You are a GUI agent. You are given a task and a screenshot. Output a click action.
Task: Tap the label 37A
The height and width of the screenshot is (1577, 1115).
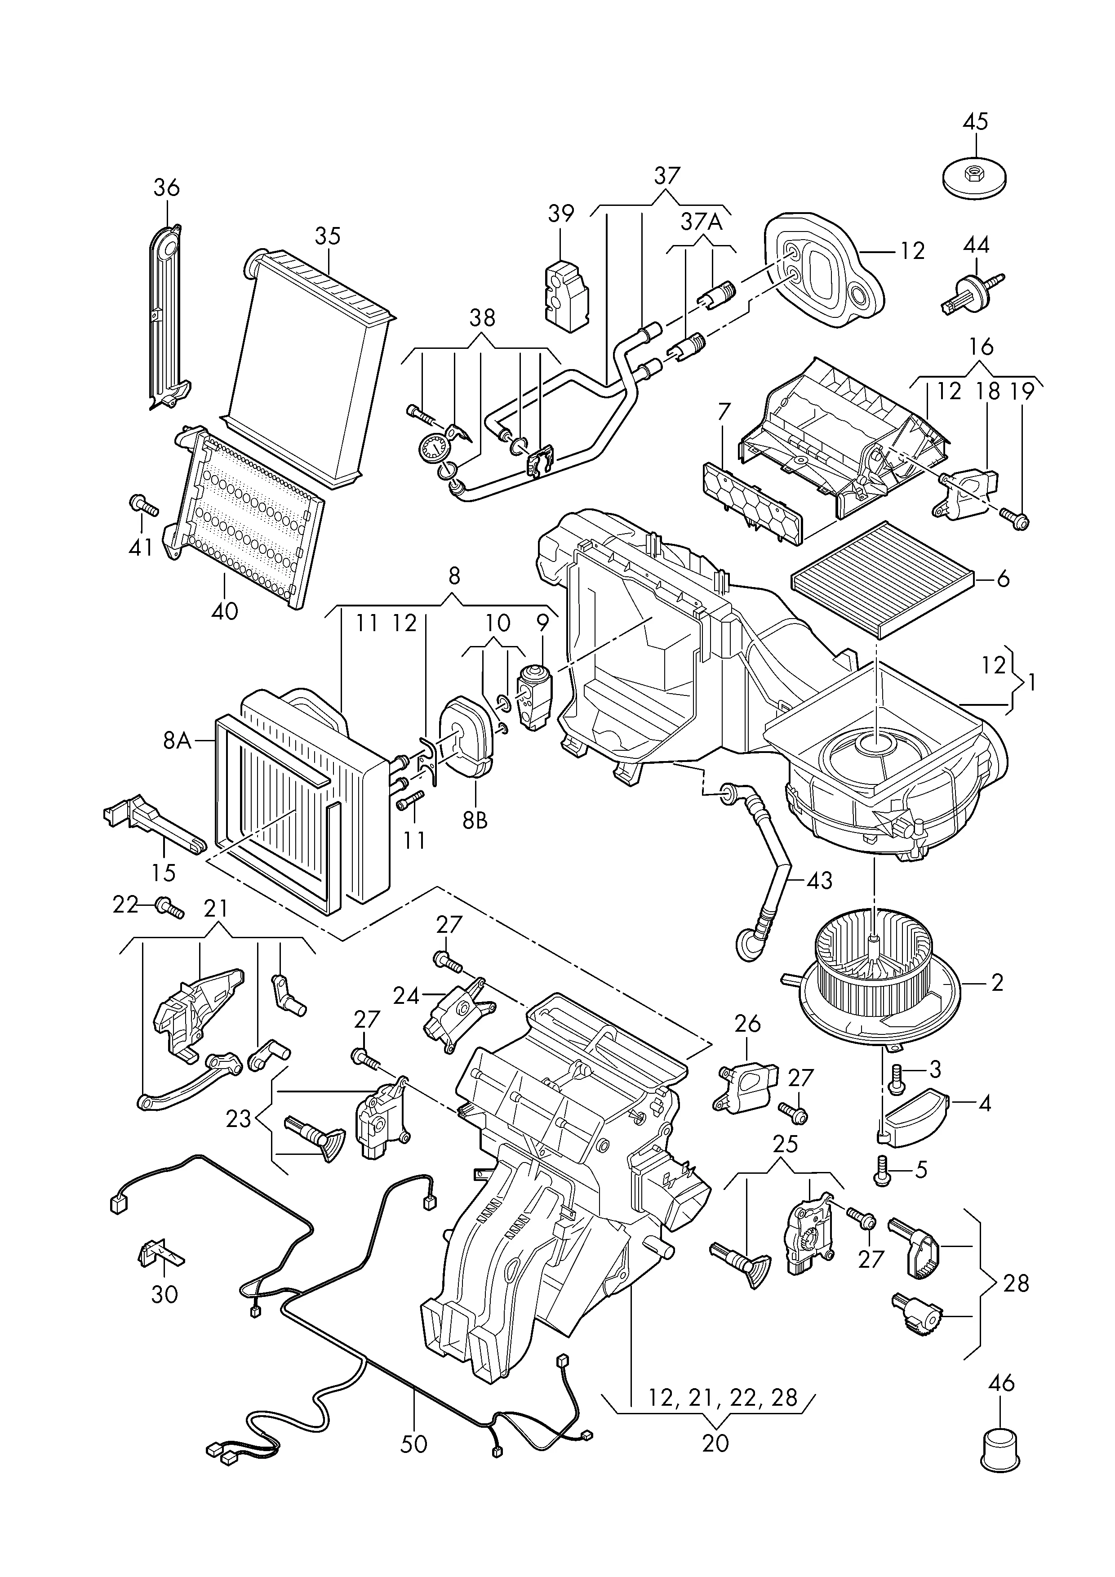(x=702, y=221)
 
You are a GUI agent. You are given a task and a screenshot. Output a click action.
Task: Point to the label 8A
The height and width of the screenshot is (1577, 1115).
(x=177, y=740)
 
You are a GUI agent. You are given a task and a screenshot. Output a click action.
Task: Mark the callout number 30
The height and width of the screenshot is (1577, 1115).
(x=164, y=1295)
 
